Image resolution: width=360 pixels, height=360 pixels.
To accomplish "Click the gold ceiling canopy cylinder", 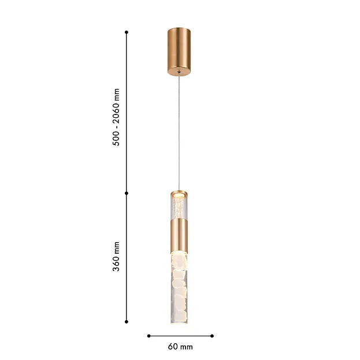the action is (179, 51).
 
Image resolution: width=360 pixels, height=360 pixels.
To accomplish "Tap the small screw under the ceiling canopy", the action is (179, 72).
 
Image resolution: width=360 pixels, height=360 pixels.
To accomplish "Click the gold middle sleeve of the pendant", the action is (179, 236).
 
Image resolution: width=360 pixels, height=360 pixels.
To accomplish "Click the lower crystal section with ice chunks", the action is (179, 288).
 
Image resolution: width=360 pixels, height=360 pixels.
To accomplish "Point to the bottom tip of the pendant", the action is (179, 323).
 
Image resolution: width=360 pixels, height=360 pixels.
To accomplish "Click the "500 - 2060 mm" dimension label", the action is (116, 117).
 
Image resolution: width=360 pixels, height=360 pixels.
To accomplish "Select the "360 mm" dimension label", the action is (116, 257).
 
